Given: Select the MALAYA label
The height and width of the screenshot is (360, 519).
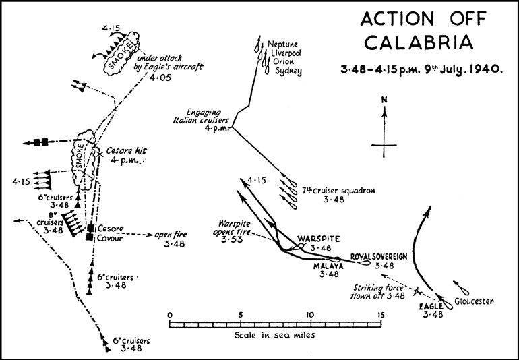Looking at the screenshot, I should point(328,266).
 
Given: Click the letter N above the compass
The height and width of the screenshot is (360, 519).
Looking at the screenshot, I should point(384,101).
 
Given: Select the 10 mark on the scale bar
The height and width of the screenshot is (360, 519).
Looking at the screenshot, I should point(309,314).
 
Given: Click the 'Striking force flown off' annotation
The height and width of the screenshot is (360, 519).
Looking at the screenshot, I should point(377,291).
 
